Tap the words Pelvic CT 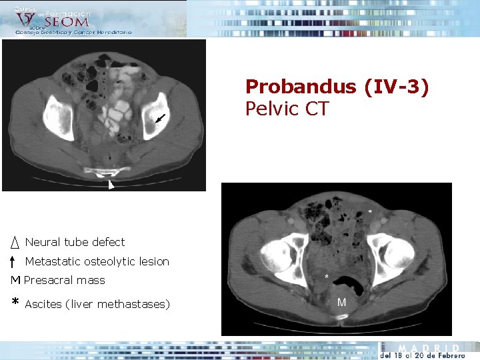[x=287, y=109]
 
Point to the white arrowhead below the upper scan [x=111, y=185]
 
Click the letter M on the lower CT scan [x=341, y=302]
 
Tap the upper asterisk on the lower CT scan [x=371, y=212]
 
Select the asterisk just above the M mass [x=326, y=276]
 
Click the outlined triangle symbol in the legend [x=14, y=242]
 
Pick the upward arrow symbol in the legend [x=14, y=261]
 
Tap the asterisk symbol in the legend [x=15, y=303]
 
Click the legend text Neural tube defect [x=75, y=242]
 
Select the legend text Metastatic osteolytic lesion [x=97, y=261]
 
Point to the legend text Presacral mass [x=65, y=280]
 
